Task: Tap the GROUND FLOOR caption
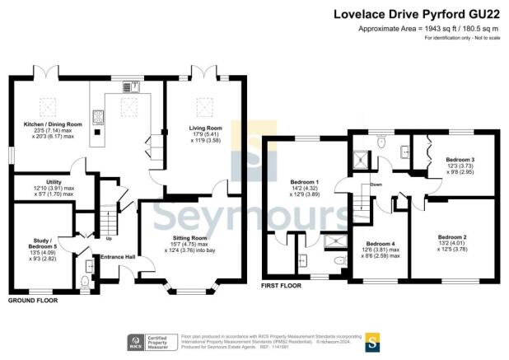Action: (x=33, y=302)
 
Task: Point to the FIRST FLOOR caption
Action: (x=283, y=285)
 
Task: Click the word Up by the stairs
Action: (x=109, y=240)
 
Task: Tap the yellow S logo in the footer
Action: (x=372, y=339)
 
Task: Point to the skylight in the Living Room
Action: (x=203, y=105)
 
